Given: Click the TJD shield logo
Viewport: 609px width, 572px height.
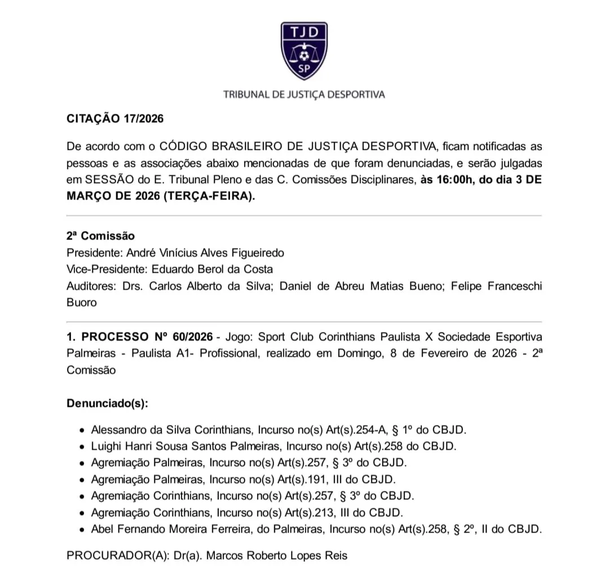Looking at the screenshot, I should click(x=304, y=51).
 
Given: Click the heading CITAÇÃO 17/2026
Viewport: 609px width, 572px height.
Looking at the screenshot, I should click(x=115, y=119).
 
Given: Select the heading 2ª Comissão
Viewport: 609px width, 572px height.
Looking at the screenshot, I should click(x=100, y=236).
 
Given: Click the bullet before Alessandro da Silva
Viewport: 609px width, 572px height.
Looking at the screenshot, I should click(x=82, y=430).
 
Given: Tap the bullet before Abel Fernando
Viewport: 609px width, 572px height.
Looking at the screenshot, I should click(x=82, y=530).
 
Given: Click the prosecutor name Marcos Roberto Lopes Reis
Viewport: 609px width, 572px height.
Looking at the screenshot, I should click(x=277, y=556).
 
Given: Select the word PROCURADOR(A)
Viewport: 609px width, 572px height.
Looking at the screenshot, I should click(x=117, y=556).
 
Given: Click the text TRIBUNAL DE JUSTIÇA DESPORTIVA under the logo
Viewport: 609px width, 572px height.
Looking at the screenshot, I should click(x=304, y=95).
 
